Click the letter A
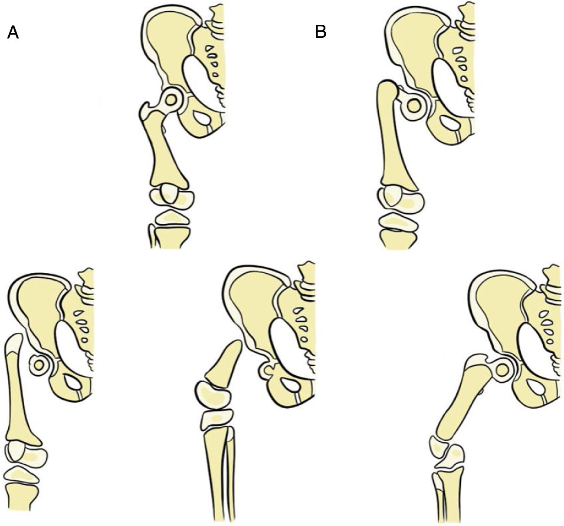(x=13, y=33)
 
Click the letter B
(x=321, y=32)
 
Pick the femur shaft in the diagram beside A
(x=164, y=152)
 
